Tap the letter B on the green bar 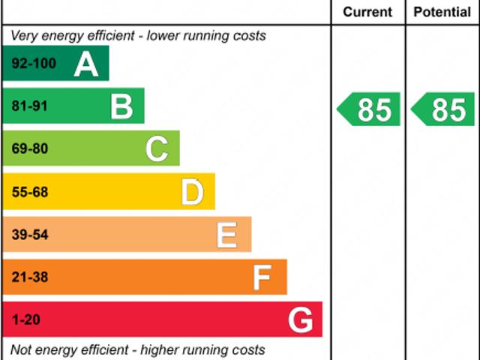pyautogui.click(x=121, y=106)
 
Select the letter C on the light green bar pyautogui.click(x=157, y=148)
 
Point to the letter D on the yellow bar pyautogui.click(x=192, y=192)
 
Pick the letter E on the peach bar pyautogui.click(x=227, y=235)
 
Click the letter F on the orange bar pyautogui.click(x=261, y=277)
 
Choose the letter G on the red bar pyautogui.click(x=301, y=320)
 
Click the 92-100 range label pyautogui.click(x=34, y=64)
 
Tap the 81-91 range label pyautogui.click(x=29, y=106)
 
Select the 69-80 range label pyautogui.click(x=29, y=148)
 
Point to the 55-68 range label pyautogui.click(x=29, y=192)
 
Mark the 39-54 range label pyautogui.click(x=29, y=235)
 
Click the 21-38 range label pyautogui.click(x=29, y=277)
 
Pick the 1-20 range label pyautogui.click(x=25, y=320)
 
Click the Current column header pyautogui.click(x=367, y=12)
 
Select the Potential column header pyautogui.click(x=442, y=12)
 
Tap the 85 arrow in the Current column pyautogui.click(x=369, y=109)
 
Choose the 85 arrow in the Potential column pyautogui.click(x=444, y=109)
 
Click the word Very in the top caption pyautogui.click(x=24, y=35)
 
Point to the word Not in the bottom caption pyautogui.click(x=22, y=349)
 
